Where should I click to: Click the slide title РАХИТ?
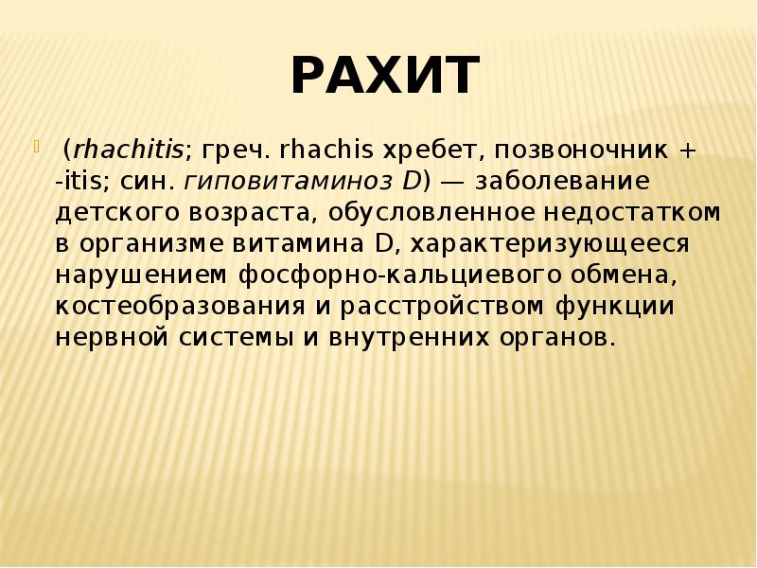click(384, 77)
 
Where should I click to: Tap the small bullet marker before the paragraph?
click(39, 147)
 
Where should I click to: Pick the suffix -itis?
click(83, 180)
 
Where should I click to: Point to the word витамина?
click(293, 243)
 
